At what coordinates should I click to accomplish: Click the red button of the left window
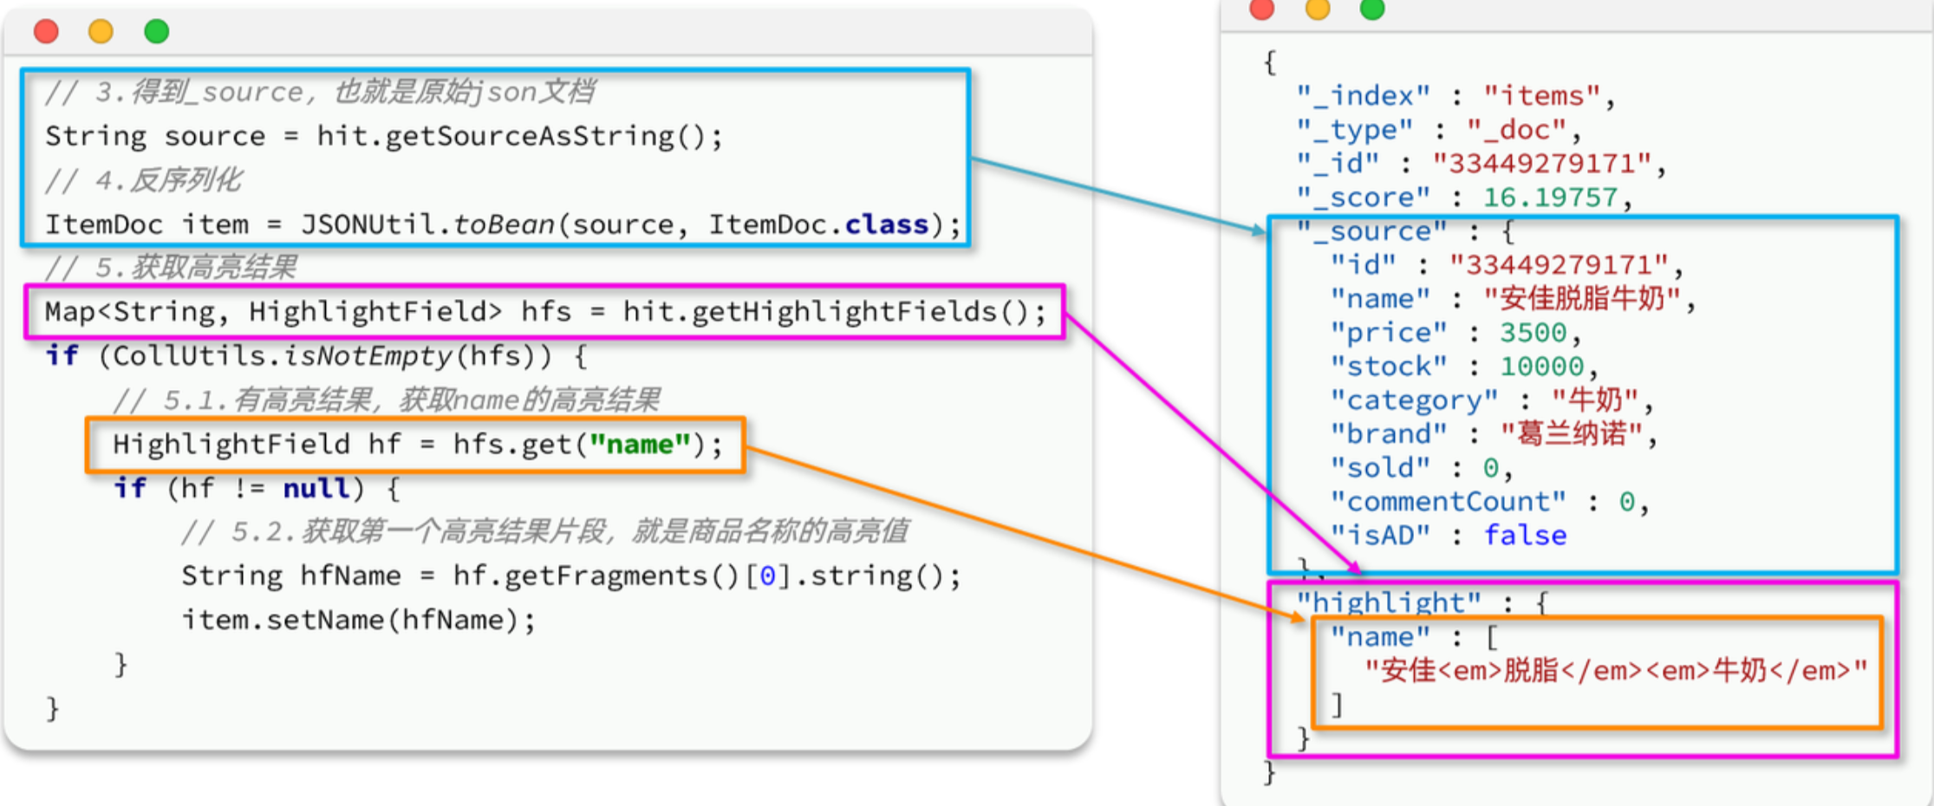point(46,32)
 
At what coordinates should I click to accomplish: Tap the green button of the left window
point(156,32)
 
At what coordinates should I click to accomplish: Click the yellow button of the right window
point(1318,10)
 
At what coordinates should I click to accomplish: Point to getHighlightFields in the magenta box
point(810,311)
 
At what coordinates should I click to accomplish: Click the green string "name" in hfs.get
point(640,445)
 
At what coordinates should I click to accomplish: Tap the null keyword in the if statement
point(317,489)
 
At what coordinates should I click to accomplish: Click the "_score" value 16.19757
point(1549,198)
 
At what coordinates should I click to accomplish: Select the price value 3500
point(1533,333)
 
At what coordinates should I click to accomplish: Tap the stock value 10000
point(1541,367)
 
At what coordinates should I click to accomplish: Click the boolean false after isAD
point(1525,536)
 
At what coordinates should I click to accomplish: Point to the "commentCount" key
point(1448,502)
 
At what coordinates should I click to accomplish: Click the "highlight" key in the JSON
point(1389,602)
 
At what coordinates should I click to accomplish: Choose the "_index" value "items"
point(1540,95)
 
